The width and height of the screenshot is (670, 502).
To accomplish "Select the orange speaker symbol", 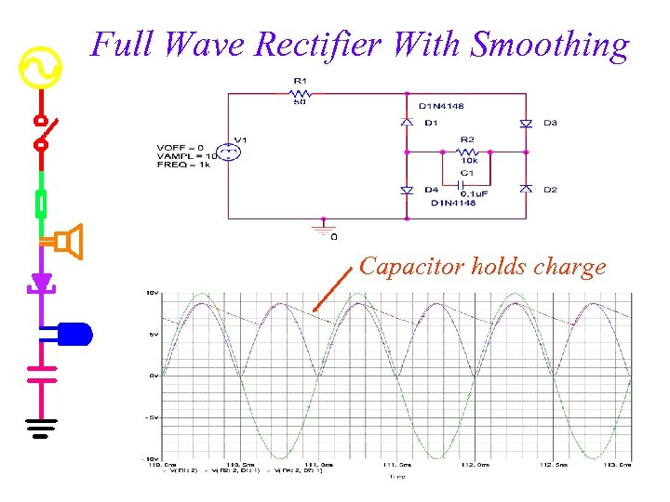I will pyautogui.click(x=67, y=242).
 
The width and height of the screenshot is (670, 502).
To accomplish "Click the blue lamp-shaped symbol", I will pyautogui.click(x=74, y=333).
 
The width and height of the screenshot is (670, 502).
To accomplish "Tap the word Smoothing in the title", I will pyautogui.click(x=550, y=45).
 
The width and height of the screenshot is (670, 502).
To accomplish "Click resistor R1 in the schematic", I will pyautogui.click(x=299, y=93).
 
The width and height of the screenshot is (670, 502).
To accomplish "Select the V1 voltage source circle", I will pyautogui.click(x=226, y=152).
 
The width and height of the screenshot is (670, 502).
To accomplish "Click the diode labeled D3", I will pyautogui.click(x=526, y=123).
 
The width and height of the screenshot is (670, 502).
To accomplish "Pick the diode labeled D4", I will pyautogui.click(x=407, y=190).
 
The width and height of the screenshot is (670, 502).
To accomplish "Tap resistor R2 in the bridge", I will pyautogui.click(x=467, y=152).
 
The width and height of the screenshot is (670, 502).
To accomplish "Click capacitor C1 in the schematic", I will pyautogui.click(x=467, y=182).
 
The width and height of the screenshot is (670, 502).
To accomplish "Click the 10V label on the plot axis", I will pyautogui.click(x=151, y=293).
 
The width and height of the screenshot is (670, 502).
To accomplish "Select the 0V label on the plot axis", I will pyautogui.click(x=154, y=376).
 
